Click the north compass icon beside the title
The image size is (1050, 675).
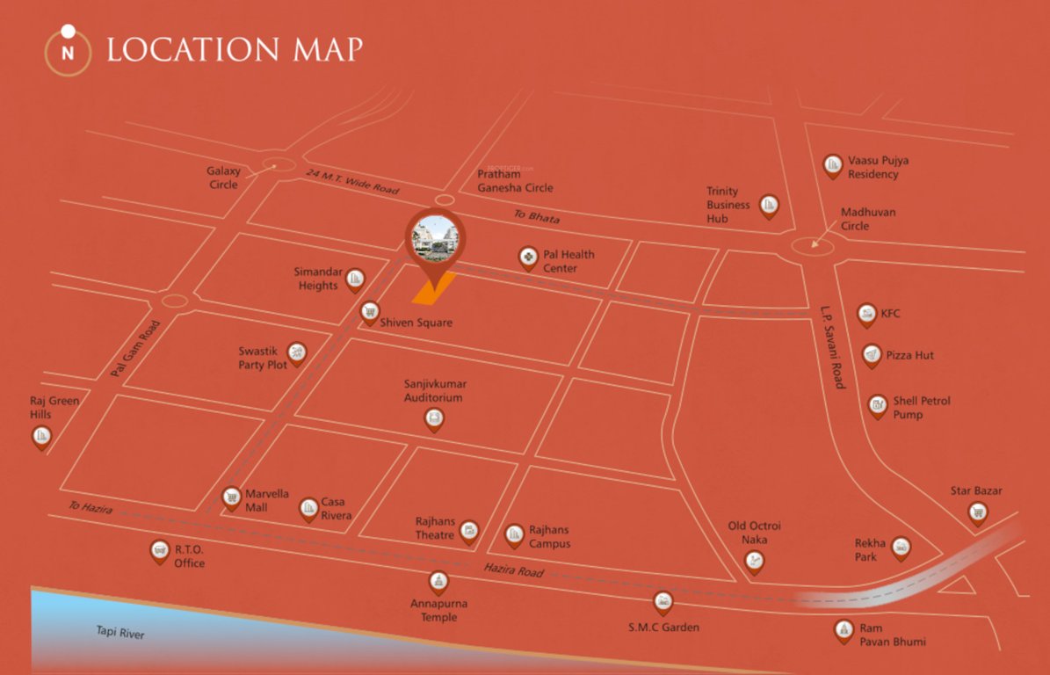tap(68, 50)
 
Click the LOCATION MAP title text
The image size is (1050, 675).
tap(234, 49)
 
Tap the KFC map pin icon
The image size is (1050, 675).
tap(866, 315)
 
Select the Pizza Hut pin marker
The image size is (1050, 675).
tap(872, 354)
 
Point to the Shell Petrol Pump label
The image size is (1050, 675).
tap(922, 407)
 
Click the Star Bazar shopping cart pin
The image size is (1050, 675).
tap(977, 512)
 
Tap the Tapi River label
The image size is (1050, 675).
tap(120, 633)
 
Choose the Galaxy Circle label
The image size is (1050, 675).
tap(224, 178)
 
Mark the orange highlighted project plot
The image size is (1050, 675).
tap(435, 287)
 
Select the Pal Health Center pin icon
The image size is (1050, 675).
tap(528, 258)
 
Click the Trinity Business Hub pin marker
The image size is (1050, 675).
tap(769, 206)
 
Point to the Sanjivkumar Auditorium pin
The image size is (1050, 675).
tap(434, 419)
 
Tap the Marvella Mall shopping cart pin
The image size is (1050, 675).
tap(231, 498)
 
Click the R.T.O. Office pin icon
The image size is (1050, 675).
tap(159, 551)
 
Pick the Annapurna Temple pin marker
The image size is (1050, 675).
tap(438, 581)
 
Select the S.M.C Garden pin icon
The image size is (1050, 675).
tap(663, 602)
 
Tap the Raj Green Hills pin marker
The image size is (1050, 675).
tap(41, 436)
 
